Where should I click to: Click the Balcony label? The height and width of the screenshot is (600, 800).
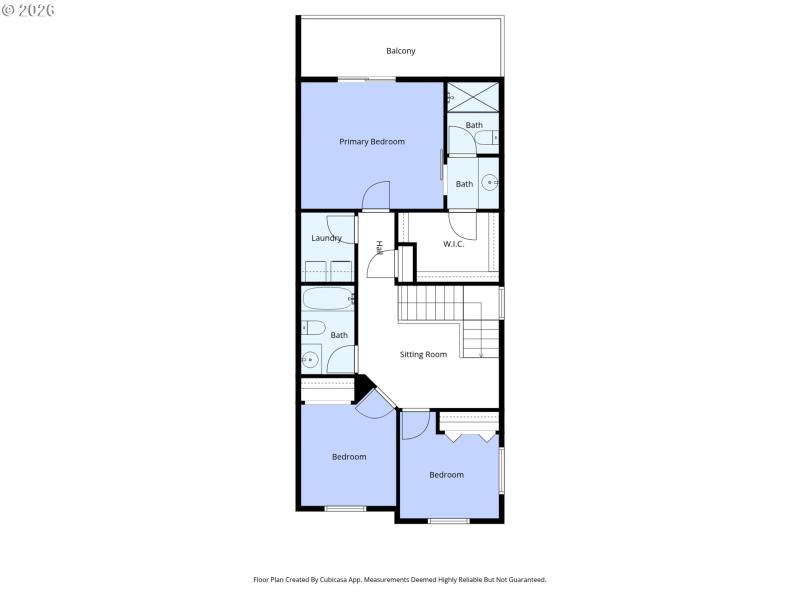(x=401, y=51)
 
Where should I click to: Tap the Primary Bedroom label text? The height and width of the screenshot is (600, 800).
(x=372, y=142)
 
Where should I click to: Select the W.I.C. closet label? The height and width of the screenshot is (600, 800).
(x=454, y=244)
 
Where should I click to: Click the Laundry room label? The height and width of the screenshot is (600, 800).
(x=326, y=238)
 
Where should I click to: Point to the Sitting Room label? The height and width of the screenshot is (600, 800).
(x=423, y=354)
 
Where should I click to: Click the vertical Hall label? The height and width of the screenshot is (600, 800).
(x=379, y=247)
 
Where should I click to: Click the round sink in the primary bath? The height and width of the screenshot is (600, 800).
(x=489, y=182)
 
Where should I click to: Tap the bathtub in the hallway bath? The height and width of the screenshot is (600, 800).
(x=327, y=298)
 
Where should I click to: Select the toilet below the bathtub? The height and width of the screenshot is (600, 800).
(x=312, y=328)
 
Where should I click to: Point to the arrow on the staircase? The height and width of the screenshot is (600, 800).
(x=481, y=351)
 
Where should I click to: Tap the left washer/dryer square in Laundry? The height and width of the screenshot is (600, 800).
(x=315, y=270)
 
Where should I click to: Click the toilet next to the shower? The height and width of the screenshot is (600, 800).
(x=490, y=136)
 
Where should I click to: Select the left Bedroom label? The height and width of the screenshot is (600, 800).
(x=349, y=457)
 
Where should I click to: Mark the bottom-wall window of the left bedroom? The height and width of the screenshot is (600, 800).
(x=345, y=508)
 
